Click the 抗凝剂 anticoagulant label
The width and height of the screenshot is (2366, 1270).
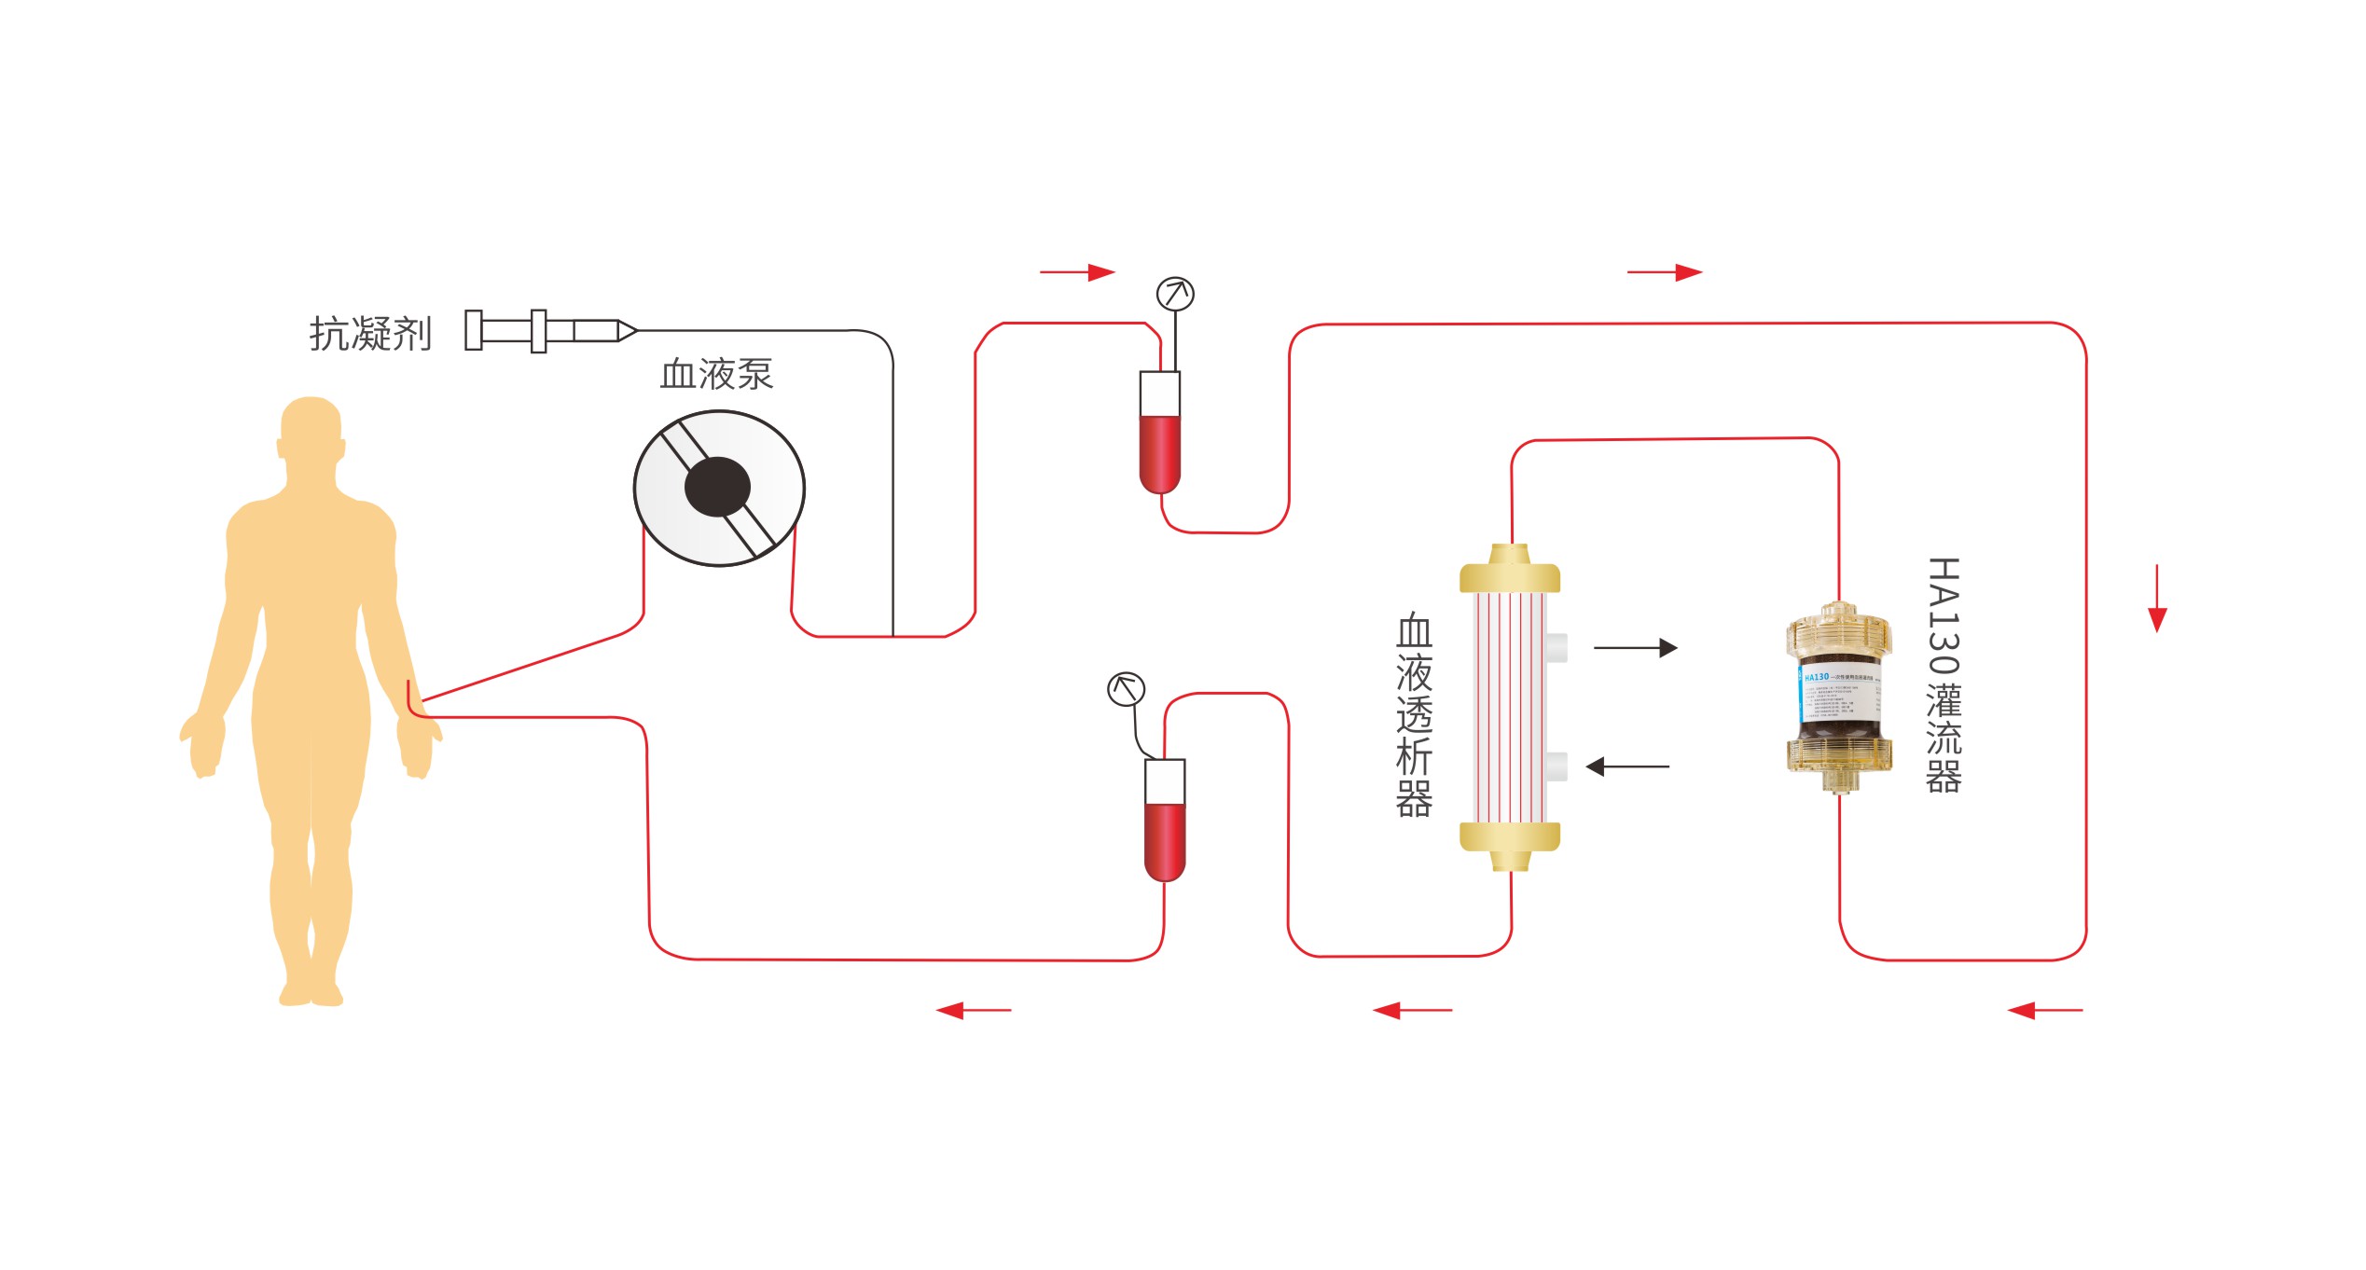pyautogui.click(x=370, y=333)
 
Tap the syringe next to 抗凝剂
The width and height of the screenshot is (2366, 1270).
pyautogui.click(x=550, y=331)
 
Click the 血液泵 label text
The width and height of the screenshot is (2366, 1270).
pyautogui.click(x=716, y=374)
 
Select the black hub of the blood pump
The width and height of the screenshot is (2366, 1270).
pyautogui.click(x=717, y=487)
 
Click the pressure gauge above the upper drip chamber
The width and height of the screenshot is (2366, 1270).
pyautogui.click(x=1175, y=294)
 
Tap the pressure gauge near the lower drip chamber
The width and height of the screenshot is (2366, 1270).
pyautogui.click(x=1126, y=689)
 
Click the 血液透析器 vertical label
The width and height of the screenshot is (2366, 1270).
pyautogui.click(x=1414, y=715)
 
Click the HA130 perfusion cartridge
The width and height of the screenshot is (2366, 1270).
pyautogui.click(x=1839, y=697)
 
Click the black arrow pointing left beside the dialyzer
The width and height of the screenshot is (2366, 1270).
pyautogui.click(x=1627, y=766)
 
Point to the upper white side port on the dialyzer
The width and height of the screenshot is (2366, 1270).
pyautogui.click(x=1557, y=647)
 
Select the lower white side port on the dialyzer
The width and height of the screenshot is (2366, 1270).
pyautogui.click(x=1557, y=766)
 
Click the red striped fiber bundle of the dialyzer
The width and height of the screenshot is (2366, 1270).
pyautogui.click(x=1508, y=707)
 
